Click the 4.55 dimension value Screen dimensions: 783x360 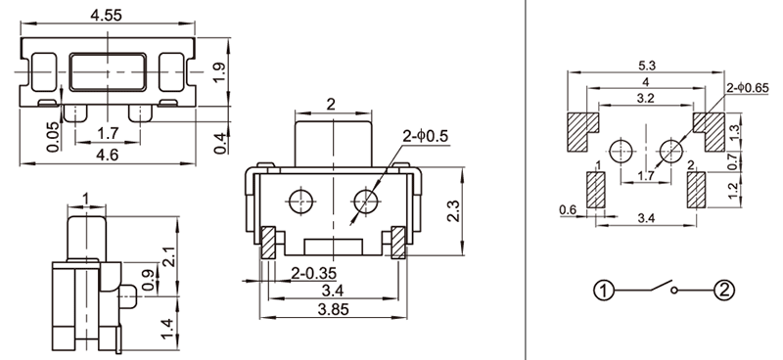click(106, 15)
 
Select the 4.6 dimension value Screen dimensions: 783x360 click(108, 155)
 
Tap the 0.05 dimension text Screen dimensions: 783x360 click(53, 137)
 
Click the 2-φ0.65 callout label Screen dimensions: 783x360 click(748, 88)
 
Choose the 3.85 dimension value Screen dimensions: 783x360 click(334, 309)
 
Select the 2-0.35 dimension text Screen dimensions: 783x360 click(313, 273)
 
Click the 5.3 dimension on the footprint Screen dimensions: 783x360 click(646, 66)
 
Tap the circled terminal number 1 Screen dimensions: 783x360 click(604, 291)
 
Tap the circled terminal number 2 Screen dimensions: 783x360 click(724, 291)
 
